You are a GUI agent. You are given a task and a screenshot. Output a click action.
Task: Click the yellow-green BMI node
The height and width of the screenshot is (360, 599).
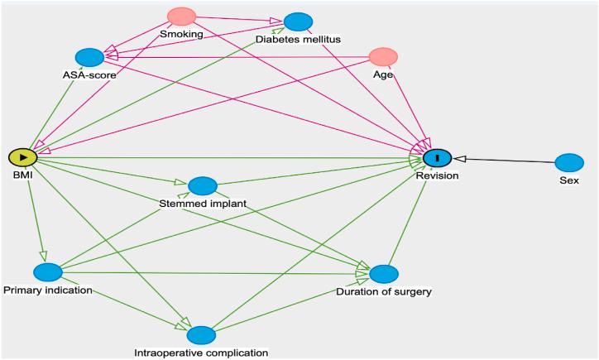tap(22, 157)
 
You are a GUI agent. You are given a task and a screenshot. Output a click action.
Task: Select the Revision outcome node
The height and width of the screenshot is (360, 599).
tap(436, 157)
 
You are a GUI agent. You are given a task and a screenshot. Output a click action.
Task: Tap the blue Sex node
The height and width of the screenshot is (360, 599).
tap(568, 162)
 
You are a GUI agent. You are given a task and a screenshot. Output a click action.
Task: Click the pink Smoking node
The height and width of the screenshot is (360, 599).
tap(181, 17)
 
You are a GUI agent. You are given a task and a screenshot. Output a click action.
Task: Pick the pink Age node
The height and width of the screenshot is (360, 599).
tap(383, 56)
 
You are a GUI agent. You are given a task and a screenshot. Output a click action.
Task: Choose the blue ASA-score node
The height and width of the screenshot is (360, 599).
tap(89, 57)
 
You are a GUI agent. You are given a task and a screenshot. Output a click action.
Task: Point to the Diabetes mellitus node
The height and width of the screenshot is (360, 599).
tap(298, 22)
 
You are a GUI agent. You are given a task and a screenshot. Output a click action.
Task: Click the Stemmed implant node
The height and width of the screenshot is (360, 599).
tap(203, 185)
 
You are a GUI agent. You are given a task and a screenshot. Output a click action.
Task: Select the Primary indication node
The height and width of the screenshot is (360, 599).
tap(48, 272)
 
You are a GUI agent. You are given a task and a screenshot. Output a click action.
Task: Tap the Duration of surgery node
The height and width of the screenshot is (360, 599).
tap(383, 274)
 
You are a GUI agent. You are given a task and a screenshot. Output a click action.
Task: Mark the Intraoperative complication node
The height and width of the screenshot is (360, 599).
tap(201, 334)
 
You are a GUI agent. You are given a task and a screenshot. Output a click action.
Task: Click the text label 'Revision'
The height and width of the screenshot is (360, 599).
tap(437, 175)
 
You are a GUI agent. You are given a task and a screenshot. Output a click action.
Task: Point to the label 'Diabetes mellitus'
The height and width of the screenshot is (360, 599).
tap(298, 39)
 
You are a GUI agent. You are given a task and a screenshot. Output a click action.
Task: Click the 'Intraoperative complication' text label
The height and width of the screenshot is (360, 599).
tap(201, 353)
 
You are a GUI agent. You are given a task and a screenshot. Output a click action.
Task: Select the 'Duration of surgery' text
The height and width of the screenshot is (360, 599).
tap(383, 291)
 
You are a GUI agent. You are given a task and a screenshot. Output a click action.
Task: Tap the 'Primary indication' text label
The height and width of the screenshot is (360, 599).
tap(47, 290)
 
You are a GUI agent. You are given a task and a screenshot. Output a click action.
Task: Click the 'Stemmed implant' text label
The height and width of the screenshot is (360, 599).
tap(203, 203)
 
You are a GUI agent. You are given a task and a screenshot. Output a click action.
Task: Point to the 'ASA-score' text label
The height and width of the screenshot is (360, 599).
tap(89, 74)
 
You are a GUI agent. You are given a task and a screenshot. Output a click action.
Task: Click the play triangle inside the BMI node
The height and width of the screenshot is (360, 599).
tap(23, 157)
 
